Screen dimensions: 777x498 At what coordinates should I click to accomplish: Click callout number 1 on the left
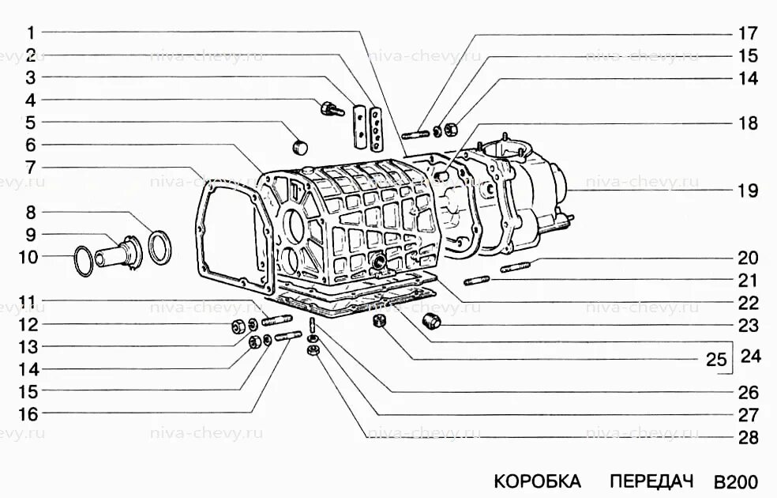click(30, 33)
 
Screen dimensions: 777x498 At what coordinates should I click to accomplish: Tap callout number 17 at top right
click(748, 34)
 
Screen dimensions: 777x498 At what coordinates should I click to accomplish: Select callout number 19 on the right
click(748, 191)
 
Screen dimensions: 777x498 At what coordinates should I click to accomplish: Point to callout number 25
click(715, 360)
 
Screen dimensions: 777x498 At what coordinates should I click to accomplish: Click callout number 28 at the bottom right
click(748, 437)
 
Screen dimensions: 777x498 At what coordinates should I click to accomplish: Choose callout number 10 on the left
click(28, 256)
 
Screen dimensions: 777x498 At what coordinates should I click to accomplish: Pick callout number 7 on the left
click(30, 168)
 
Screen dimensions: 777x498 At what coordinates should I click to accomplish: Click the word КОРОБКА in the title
click(537, 481)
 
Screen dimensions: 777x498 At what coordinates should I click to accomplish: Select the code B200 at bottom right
click(735, 481)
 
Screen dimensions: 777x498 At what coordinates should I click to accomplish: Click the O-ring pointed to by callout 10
click(82, 262)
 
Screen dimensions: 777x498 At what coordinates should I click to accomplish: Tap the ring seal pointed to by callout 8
click(159, 247)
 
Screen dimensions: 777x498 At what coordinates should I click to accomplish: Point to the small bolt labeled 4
click(332, 108)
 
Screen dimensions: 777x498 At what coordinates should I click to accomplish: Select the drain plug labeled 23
click(432, 322)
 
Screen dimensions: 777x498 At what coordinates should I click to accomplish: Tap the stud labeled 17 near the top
click(415, 134)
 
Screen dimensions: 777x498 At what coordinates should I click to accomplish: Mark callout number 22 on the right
click(748, 303)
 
